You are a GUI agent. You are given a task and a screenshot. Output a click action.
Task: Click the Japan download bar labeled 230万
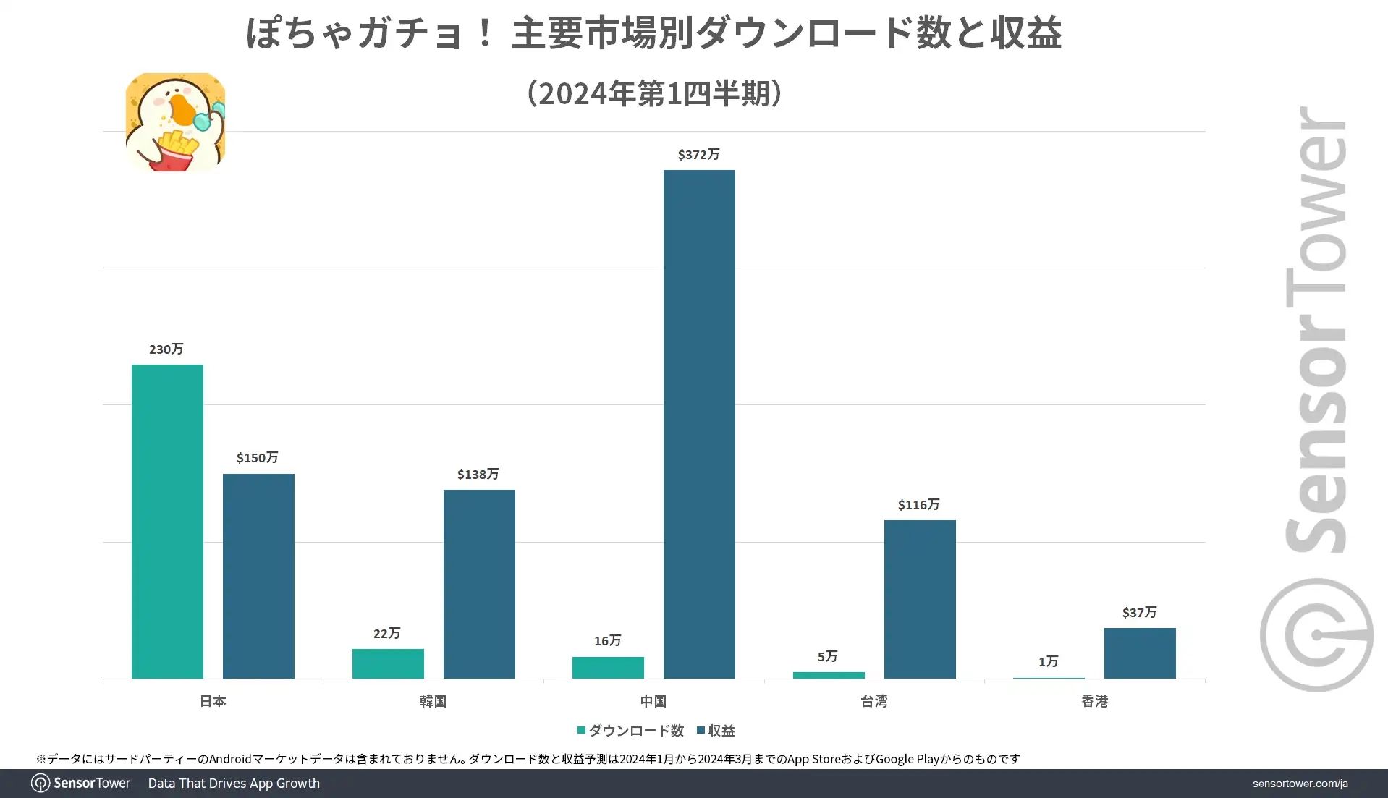click(x=167, y=521)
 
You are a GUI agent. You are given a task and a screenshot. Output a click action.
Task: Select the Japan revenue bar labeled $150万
click(x=258, y=576)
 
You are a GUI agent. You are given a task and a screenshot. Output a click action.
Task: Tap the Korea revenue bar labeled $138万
click(x=479, y=584)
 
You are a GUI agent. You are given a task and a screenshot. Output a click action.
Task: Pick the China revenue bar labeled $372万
click(x=699, y=424)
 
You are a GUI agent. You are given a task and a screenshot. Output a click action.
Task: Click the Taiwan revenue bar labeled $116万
click(x=920, y=599)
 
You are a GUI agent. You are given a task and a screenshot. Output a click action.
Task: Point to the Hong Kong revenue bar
click(x=1140, y=653)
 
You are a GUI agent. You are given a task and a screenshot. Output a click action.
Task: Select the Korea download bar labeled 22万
click(x=388, y=663)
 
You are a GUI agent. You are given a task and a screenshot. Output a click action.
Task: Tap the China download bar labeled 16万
click(x=608, y=667)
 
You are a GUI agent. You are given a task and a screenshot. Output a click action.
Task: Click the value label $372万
click(x=698, y=154)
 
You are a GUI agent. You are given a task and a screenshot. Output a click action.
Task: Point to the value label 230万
click(x=166, y=349)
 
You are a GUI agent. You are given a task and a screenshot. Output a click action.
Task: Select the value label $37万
click(x=1139, y=612)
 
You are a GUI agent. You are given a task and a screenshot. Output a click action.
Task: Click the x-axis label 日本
click(x=213, y=701)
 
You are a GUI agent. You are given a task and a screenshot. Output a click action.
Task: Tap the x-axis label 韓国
click(x=433, y=701)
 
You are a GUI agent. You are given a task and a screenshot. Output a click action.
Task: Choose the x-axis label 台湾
click(x=873, y=701)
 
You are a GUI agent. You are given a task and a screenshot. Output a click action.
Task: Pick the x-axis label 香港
click(x=1094, y=701)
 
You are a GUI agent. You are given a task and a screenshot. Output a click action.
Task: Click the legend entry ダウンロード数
click(x=631, y=731)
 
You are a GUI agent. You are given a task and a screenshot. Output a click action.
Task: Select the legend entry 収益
click(x=716, y=731)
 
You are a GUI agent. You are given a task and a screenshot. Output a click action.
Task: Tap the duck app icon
click(x=175, y=122)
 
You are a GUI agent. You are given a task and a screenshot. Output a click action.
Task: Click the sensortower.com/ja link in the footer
click(x=1300, y=784)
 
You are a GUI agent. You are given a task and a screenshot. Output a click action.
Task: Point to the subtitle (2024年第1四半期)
click(x=654, y=93)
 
